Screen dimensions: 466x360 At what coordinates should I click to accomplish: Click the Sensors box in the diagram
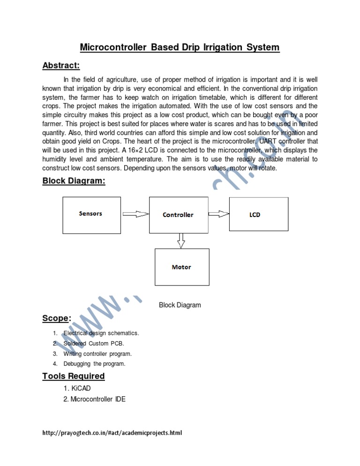click(x=90, y=214)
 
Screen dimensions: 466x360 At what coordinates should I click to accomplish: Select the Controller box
click(x=178, y=215)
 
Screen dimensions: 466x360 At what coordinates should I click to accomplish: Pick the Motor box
click(x=181, y=267)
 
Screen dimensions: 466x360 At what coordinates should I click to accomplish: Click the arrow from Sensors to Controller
click(x=135, y=214)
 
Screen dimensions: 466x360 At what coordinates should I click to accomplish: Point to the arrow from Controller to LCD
click(x=218, y=214)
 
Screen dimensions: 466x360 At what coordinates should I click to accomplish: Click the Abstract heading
click(x=61, y=65)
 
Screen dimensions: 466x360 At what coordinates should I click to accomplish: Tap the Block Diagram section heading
click(x=74, y=180)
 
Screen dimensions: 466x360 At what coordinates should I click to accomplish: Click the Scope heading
click(x=57, y=318)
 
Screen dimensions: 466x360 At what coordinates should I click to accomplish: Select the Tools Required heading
click(x=74, y=376)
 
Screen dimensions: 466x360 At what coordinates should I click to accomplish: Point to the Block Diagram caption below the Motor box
click(x=180, y=305)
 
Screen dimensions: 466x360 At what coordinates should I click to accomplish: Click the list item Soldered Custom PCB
click(x=94, y=344)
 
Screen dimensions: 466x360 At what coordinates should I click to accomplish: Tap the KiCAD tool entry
click(x=78, y=389)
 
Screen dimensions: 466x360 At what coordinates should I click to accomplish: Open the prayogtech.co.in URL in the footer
click(x=112, y=433)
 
